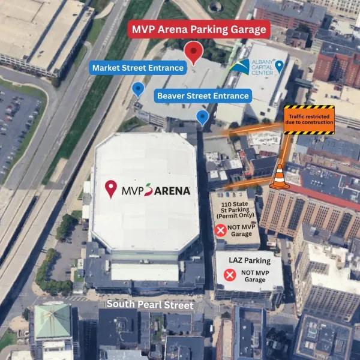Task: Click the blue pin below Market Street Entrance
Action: tap(139, 89)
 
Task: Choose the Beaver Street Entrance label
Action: tap(203, 95)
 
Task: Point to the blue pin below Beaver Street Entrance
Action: tap(203, 116)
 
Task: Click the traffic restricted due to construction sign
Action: tap(309, 119)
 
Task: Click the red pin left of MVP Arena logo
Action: tap(110, 189)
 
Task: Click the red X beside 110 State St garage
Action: tap(220, 230)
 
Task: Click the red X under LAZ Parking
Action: tap(229, 275)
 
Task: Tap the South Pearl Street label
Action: tap(150, 305)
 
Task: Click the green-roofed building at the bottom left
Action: tap(52, 321)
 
